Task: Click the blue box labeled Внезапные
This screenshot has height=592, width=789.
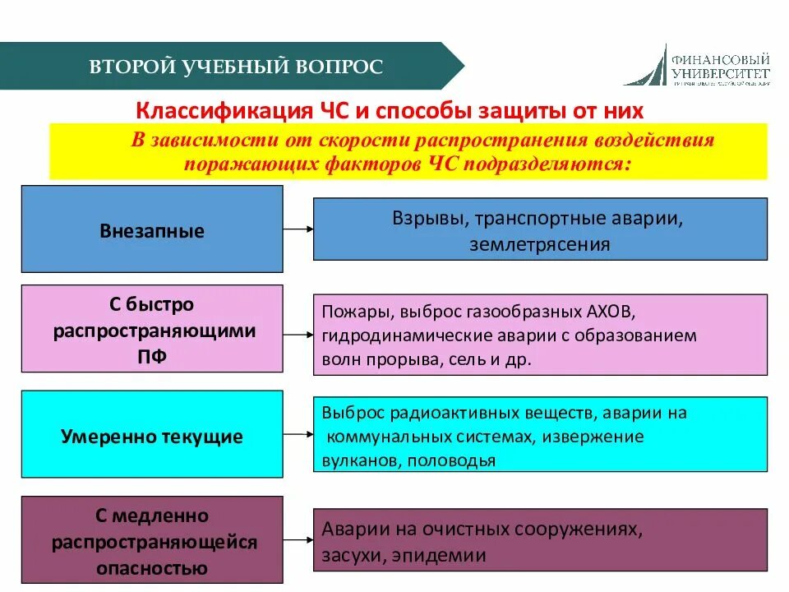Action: [151, 229]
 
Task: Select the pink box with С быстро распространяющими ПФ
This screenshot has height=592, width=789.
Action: [151, 329]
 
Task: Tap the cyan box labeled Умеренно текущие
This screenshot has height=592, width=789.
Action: [151, 436]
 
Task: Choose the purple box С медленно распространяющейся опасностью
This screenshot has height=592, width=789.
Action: [151, 541]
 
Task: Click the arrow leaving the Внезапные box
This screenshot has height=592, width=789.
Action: [298, 229]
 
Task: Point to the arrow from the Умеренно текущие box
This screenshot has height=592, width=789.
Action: [298, 436]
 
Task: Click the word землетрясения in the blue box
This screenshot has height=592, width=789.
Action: [539, 244]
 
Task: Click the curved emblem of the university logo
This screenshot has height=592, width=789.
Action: [645, 66]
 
